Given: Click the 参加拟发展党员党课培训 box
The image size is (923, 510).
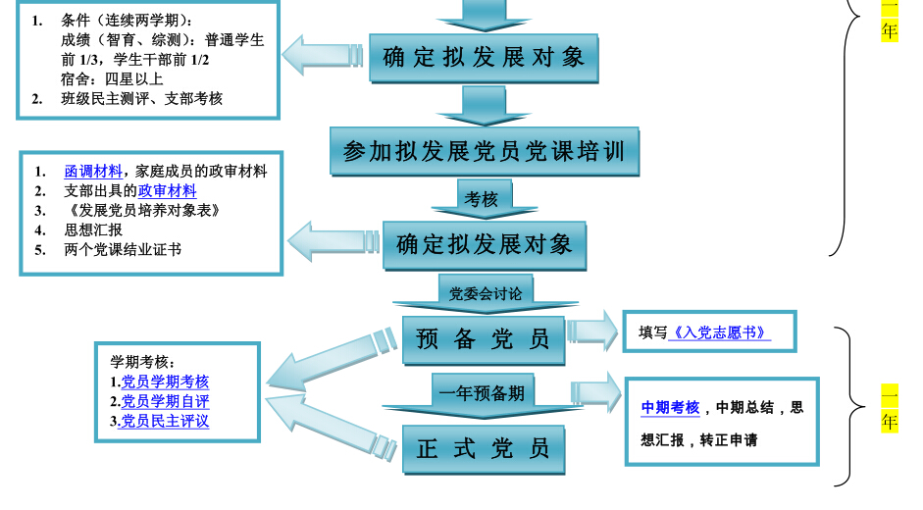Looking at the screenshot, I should coord(484,151).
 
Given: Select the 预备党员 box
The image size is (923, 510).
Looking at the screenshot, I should coord(484,339).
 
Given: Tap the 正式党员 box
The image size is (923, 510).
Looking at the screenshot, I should coord(484,449).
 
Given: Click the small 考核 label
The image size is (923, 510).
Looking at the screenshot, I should coord(481,199).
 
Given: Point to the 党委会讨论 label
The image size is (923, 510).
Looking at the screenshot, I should coord(485,291).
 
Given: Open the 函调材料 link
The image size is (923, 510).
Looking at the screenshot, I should coord(94,171).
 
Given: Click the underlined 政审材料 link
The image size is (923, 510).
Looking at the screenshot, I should coord(167,191).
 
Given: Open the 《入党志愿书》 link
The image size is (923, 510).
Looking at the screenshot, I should coord(719,332).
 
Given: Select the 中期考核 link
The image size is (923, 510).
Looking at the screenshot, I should coord(671,408).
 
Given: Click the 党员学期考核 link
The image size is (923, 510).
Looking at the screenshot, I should coord(165,382).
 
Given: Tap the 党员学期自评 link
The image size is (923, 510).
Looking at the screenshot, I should coord(165,401).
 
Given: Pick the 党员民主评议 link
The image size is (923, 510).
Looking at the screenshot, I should coord(165,422).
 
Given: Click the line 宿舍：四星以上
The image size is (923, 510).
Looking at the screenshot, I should coord(112,78).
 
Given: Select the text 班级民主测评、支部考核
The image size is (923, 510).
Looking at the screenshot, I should coord(141,98).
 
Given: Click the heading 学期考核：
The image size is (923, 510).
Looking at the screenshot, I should coord(143,362).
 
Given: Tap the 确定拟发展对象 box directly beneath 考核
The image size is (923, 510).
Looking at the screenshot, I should coord(484,244).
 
